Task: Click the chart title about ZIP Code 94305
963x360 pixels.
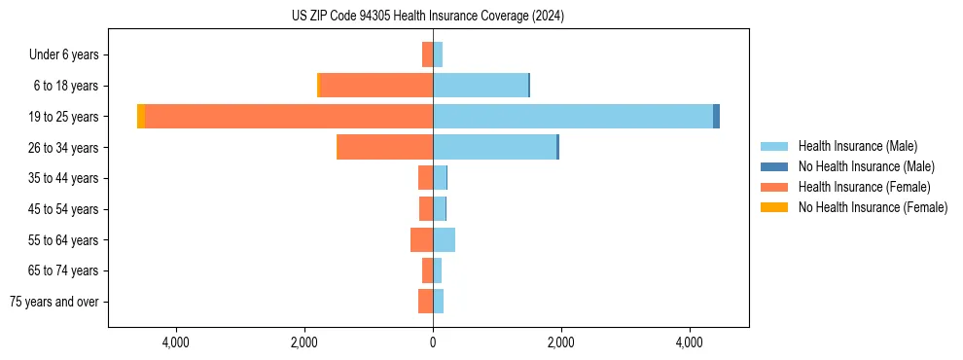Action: coord(427,17)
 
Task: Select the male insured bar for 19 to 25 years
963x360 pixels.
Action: coord(573,117)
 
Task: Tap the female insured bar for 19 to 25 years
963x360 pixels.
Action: coord(289,117)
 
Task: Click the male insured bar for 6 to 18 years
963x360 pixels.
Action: coord(481,86)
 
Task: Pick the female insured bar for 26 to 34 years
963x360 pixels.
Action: coord(385,147)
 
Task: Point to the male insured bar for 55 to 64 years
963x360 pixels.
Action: coord(444,239)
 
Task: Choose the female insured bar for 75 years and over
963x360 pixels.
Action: coord(425,302)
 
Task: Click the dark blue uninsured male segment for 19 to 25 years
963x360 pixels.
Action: coord(716,117)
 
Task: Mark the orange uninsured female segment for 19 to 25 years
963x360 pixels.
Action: coord(141,117)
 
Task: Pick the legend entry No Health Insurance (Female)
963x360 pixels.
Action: coord(873,207)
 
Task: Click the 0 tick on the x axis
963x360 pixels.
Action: coord(433,342)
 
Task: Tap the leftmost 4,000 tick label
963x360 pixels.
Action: coord(176,342)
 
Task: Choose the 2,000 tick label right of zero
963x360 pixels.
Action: coord(561,342)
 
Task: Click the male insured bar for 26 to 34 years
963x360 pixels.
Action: coord(494,147)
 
